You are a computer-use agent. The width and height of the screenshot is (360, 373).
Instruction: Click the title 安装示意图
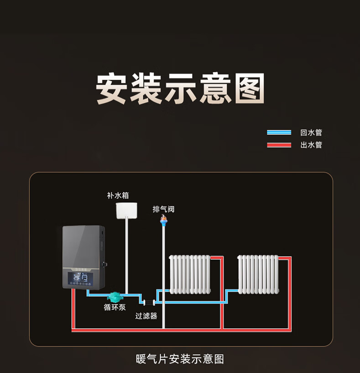pyautogui.click(x=180, y=88)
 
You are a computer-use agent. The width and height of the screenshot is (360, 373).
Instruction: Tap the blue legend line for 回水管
pyautogui.click(x=279, y=132)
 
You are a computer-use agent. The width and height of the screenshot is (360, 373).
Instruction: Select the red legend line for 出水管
pyautogui.click(x=279, y=145)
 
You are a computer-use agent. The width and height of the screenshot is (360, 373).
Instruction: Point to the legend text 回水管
pyautogui.click(x=311, y=132)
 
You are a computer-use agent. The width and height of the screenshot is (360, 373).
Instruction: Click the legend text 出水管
pyautogui.click(x=311, y=145)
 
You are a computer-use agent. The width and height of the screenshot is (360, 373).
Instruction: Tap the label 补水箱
pyautogui.click(x=118, y=195)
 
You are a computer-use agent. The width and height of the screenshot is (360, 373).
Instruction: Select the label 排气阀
pyautogui.click(x=163, y=209)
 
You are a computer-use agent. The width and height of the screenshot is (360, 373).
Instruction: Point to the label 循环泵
pyautogui.click(x=115, y=307)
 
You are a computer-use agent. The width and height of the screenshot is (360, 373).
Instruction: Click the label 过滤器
pyautogui.click(x=146, y=315)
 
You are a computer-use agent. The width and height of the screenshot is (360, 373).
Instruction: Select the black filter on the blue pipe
pyautogui.click(x=149, y=302)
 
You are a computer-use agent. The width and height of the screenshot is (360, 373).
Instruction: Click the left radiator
pyautogui.click(x=190, y=274)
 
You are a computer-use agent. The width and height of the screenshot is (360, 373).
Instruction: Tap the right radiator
pyautogui.click(x=258, y=274)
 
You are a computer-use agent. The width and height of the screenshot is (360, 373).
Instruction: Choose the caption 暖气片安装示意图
pyautogui.click(x=180, y=359)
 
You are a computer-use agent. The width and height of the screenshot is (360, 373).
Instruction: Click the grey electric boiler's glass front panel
pyautogui.click(x=83, y=247)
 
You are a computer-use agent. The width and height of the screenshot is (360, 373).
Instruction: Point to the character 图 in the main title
pyautogui.click(x=249, y=88)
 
